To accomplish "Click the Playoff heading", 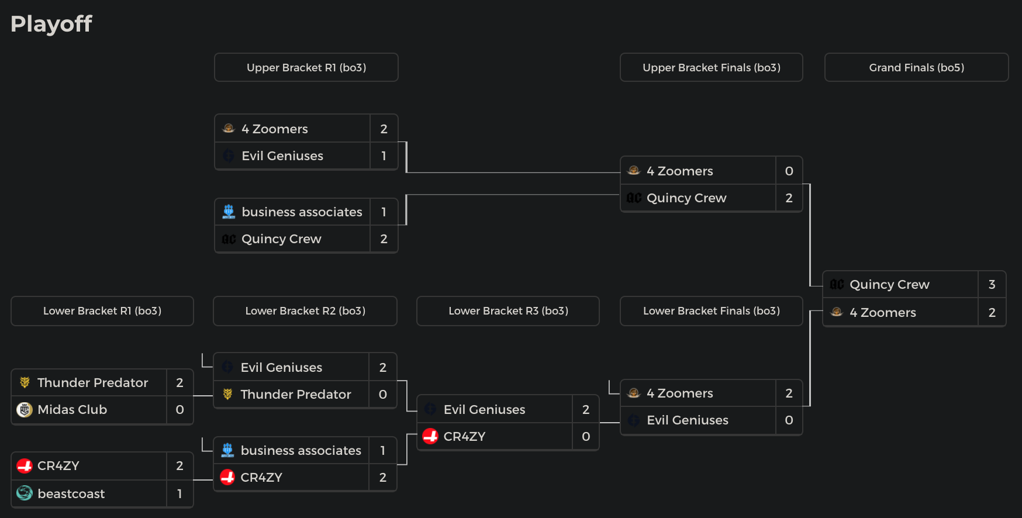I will (51, 24).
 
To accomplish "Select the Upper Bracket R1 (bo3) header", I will (306, 68).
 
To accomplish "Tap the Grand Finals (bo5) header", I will (916, 68).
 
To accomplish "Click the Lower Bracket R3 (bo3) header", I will (508, 311).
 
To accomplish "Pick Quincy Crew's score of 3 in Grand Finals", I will (992, 285).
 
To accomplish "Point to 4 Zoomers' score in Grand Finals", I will (992, 313).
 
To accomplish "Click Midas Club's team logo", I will (25, 410).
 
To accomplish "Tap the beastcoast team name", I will (71, 494).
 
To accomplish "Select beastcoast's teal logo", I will (25, 493).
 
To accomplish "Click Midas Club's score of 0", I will (179, 410).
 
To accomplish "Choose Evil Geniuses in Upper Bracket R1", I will (282, 156).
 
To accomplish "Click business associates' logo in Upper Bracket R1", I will (229, 212).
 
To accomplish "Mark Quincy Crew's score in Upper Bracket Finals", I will (789, 198).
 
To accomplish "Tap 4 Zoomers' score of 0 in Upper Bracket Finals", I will (789, 171).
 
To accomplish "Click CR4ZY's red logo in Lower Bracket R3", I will (430, 436).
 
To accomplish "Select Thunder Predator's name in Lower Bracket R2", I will (296, 395).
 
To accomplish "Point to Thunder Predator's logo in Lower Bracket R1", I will (25, 382).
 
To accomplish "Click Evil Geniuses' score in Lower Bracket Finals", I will (789, 420).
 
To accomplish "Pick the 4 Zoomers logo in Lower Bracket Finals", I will (634, 393).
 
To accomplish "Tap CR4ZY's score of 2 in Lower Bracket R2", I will (382, 478).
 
